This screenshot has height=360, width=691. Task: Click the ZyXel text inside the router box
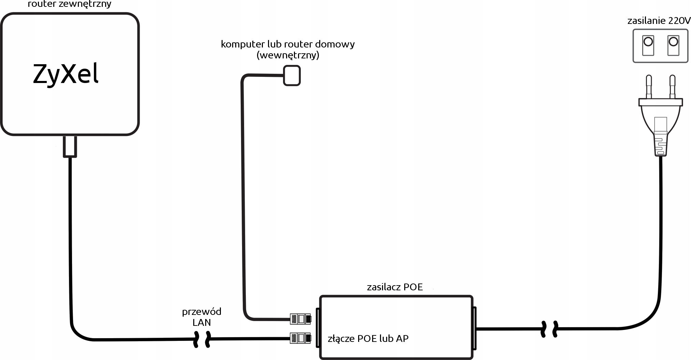[x=66, y=74]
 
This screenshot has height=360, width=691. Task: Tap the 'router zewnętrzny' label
[x=69, y=4]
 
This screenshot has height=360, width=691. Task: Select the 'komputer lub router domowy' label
[x=287, y=44]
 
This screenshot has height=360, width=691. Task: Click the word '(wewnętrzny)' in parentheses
[x=287, y=55]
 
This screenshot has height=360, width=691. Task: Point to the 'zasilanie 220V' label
[x=659, y=21]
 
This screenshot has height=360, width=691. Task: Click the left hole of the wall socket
[x=648, y=42]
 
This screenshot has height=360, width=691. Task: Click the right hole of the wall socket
[x=673, y=42]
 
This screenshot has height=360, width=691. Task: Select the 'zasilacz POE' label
[x=395, y=287]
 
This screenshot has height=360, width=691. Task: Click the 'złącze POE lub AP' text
[x=368, y=338]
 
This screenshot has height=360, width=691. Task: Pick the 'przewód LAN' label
[x=201, y=317]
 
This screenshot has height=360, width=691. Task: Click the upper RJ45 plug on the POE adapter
[x=300, y=319]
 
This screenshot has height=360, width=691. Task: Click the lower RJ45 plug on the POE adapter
[x=300, y=338]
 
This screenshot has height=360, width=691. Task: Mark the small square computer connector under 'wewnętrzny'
[x=292, y=75]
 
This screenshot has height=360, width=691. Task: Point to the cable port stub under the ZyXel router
[x=70, y=147]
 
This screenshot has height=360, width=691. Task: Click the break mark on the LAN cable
[x=202, y=339]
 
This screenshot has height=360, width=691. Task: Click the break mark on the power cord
[x=550, y=329]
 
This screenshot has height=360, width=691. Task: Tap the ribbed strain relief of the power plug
[x=660, y=145]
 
